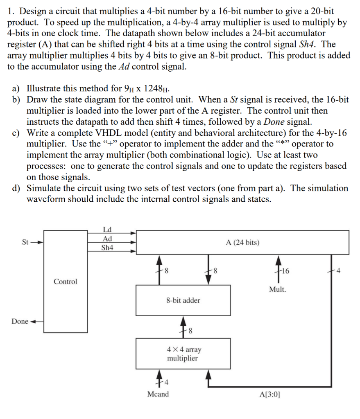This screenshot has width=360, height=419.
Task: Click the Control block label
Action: [65, 282]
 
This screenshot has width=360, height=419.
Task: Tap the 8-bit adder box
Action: [183, 300]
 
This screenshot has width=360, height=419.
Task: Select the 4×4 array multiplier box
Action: [183, 354]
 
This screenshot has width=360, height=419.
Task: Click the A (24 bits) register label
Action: [242, 243]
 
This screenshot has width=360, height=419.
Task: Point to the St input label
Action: [25, 243]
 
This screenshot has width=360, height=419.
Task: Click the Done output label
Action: [20, 321]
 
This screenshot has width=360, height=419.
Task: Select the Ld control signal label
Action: [108, 230]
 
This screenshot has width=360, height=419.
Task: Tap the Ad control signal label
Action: [108, 239]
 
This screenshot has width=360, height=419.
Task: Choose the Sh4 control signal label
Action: [108, 248]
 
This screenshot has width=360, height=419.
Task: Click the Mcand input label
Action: [158, 394]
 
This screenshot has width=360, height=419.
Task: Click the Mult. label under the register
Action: [278, 289]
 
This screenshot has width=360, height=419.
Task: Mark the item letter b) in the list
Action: [18, 99]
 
